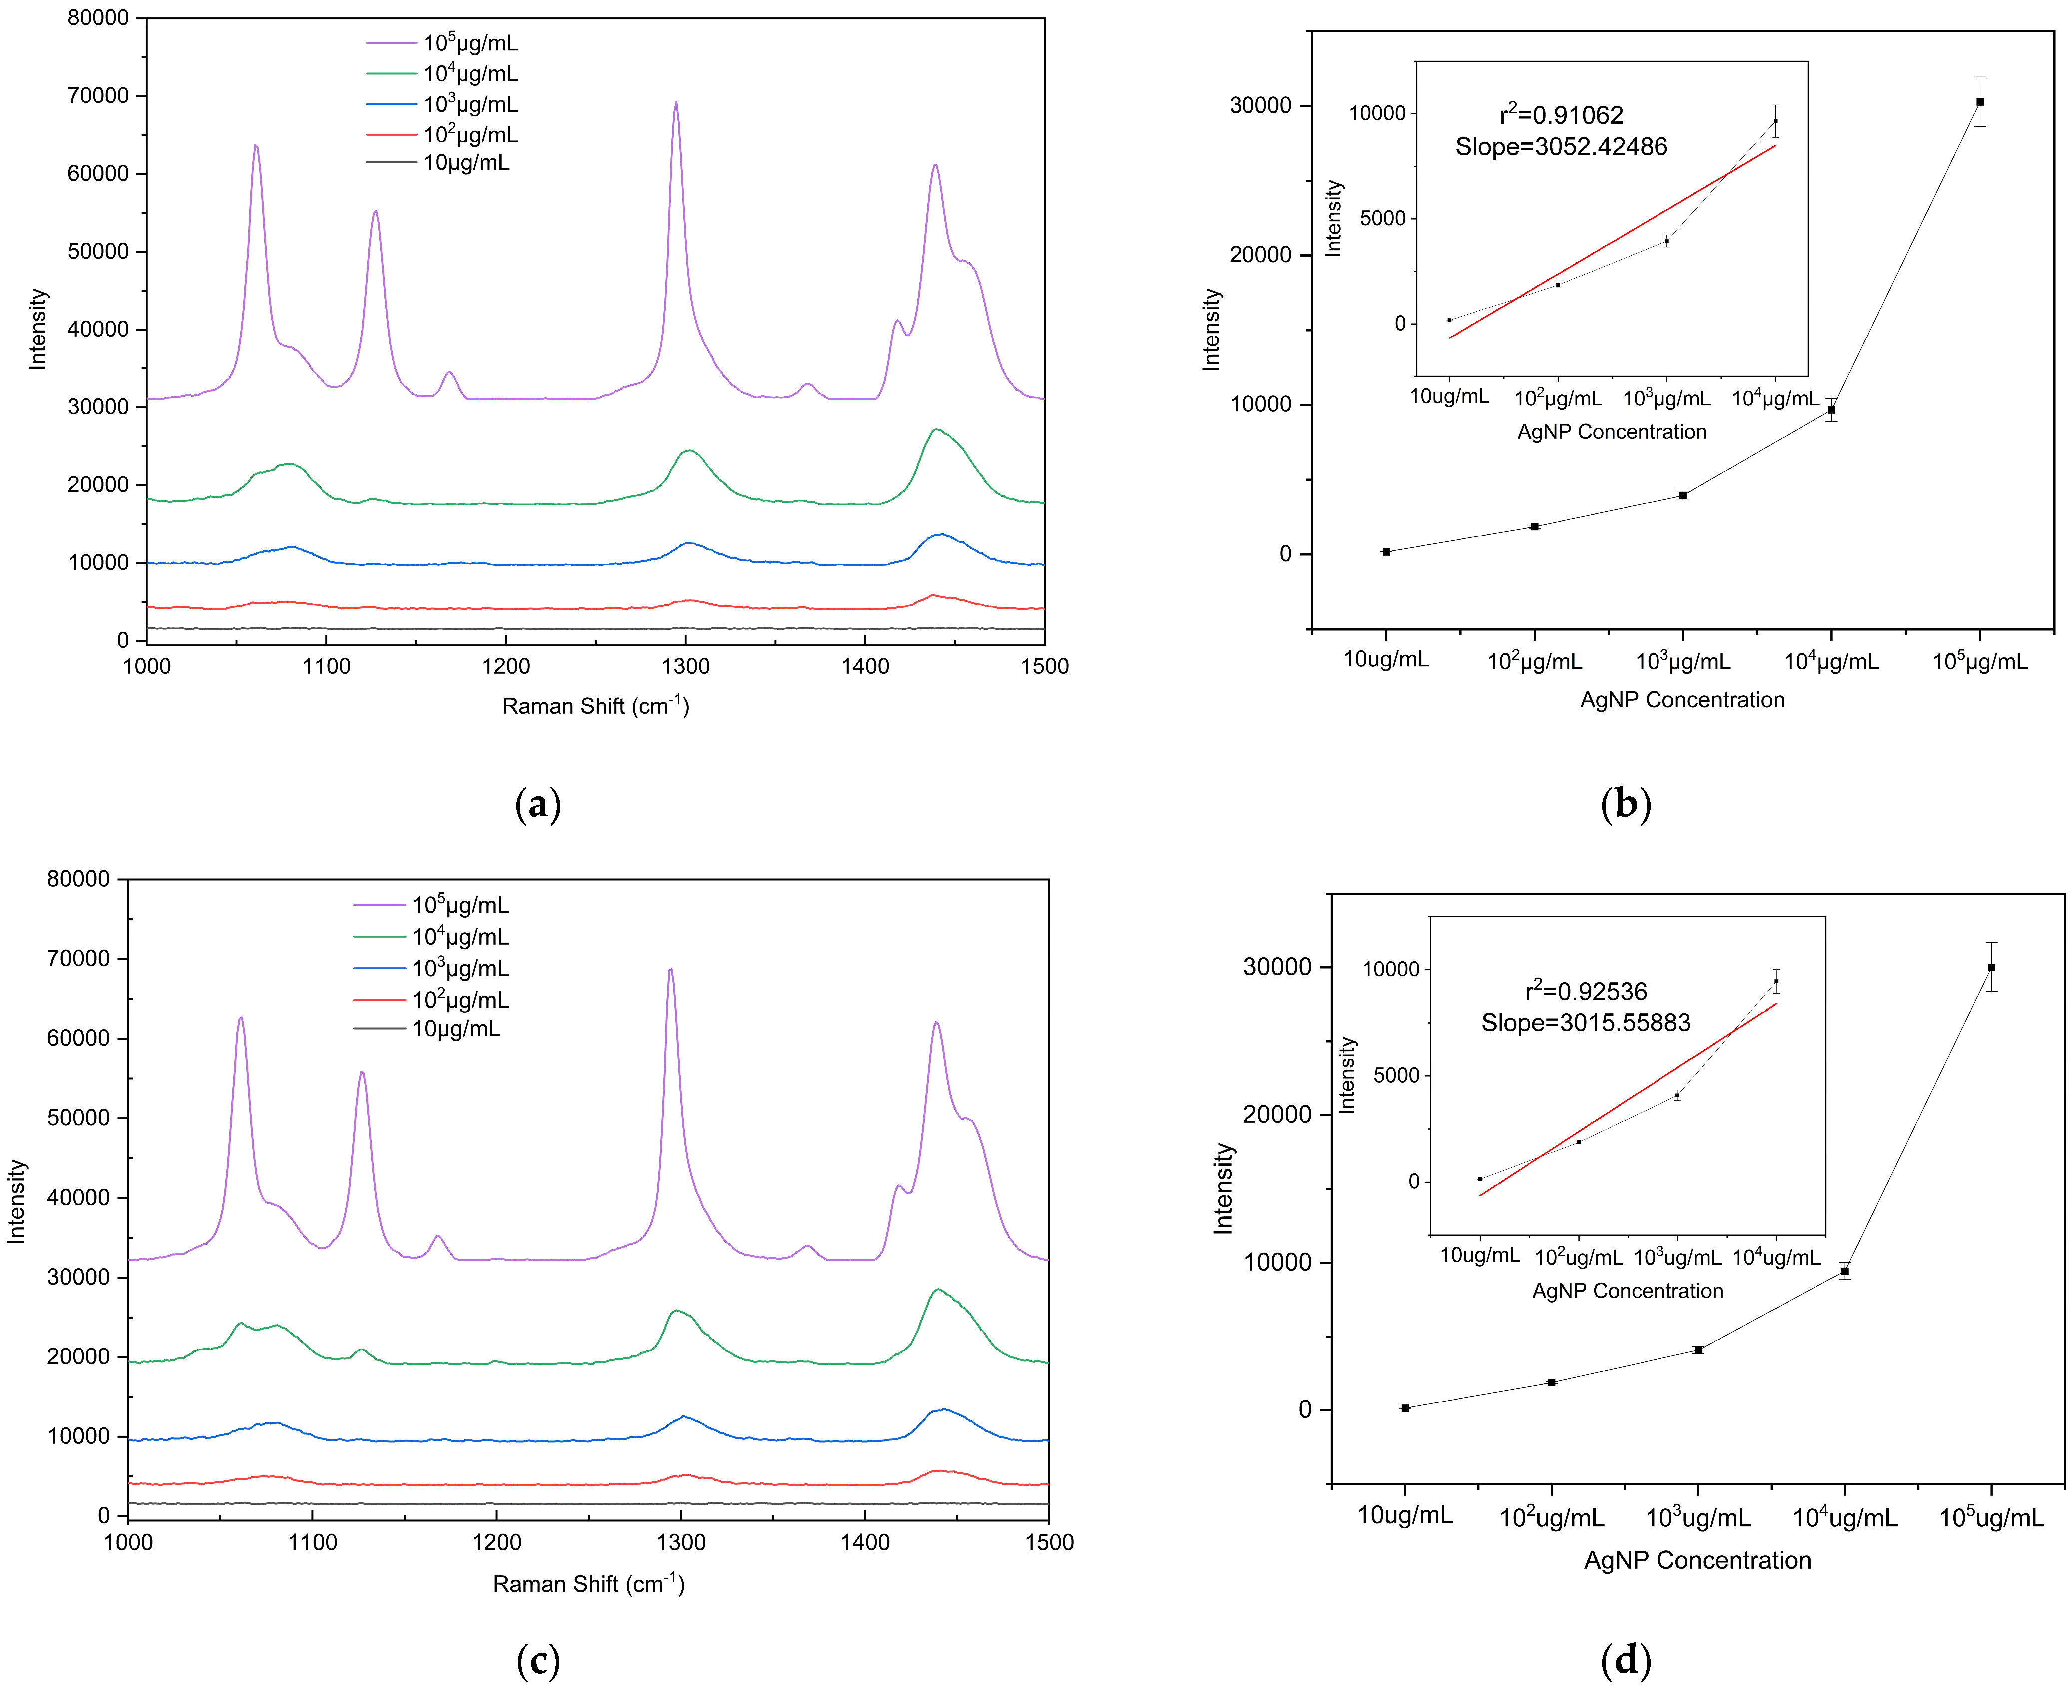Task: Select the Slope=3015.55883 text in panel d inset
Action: [x=1585, y=1023]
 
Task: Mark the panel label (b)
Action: [x=1625, y=805]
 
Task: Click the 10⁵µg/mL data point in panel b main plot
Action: [x=1979, y=102]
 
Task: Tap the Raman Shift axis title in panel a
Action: [x=595, y=706]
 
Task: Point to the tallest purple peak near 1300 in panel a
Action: [x=676, y=102]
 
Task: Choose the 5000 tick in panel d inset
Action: [x=1396, y=1076]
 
